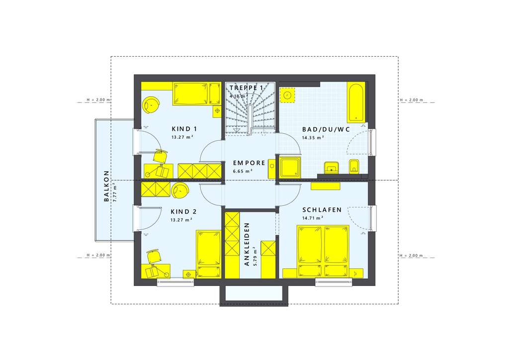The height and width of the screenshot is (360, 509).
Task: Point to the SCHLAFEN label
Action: [x=322, y=210]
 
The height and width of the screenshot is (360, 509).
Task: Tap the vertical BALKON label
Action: [x=106, y=186]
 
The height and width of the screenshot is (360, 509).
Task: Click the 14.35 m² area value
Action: [x=313, y=137]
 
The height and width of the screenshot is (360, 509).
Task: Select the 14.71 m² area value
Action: [x=313, y=218]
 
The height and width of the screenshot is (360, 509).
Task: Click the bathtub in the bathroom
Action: [x=356, y=102]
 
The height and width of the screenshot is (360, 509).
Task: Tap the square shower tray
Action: [x=289, y=168]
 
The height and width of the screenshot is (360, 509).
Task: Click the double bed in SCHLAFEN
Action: [x=324, y=251]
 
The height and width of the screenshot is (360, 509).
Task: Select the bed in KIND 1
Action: [x=190, y=94]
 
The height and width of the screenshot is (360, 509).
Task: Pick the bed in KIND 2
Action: [x=208, y=254]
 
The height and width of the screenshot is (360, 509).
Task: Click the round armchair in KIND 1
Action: [x=151, y=104]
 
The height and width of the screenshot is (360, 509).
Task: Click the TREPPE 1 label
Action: [x=246, y=88]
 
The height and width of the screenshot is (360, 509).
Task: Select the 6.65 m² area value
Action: [x=243, y=171]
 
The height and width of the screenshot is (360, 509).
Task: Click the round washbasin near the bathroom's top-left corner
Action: [x=288, y=94]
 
